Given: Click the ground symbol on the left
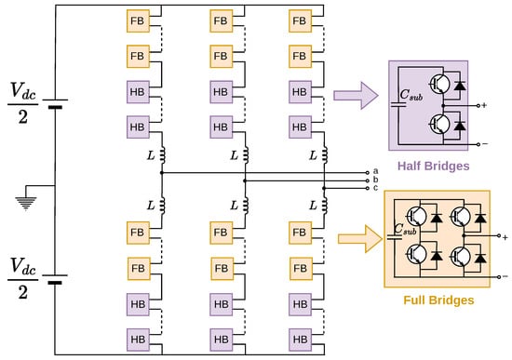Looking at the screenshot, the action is pyautogui.click(x=26, y=203).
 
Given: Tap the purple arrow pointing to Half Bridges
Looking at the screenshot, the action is pyautogui.click(x=356, y=95).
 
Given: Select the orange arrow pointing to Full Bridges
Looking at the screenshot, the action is pyautogui.click(x=360, y=238).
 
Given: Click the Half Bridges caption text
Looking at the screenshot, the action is pyautogui.click(x=433, y=166).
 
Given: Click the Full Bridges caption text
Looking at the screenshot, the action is pyautogui.click(x=438, y=300).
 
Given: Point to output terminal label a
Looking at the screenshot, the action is pyautogui.click(x=375, y=171).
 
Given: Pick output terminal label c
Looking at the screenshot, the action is pyautogui.click(x=375, y=188).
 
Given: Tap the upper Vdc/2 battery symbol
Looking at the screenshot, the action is pyautogui.click(x=55, y=103).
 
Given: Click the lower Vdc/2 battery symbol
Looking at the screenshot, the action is pyautogui.click(x=55, y=279).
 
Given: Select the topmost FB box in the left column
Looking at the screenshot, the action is pyautogui.click(x=138, y=20).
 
